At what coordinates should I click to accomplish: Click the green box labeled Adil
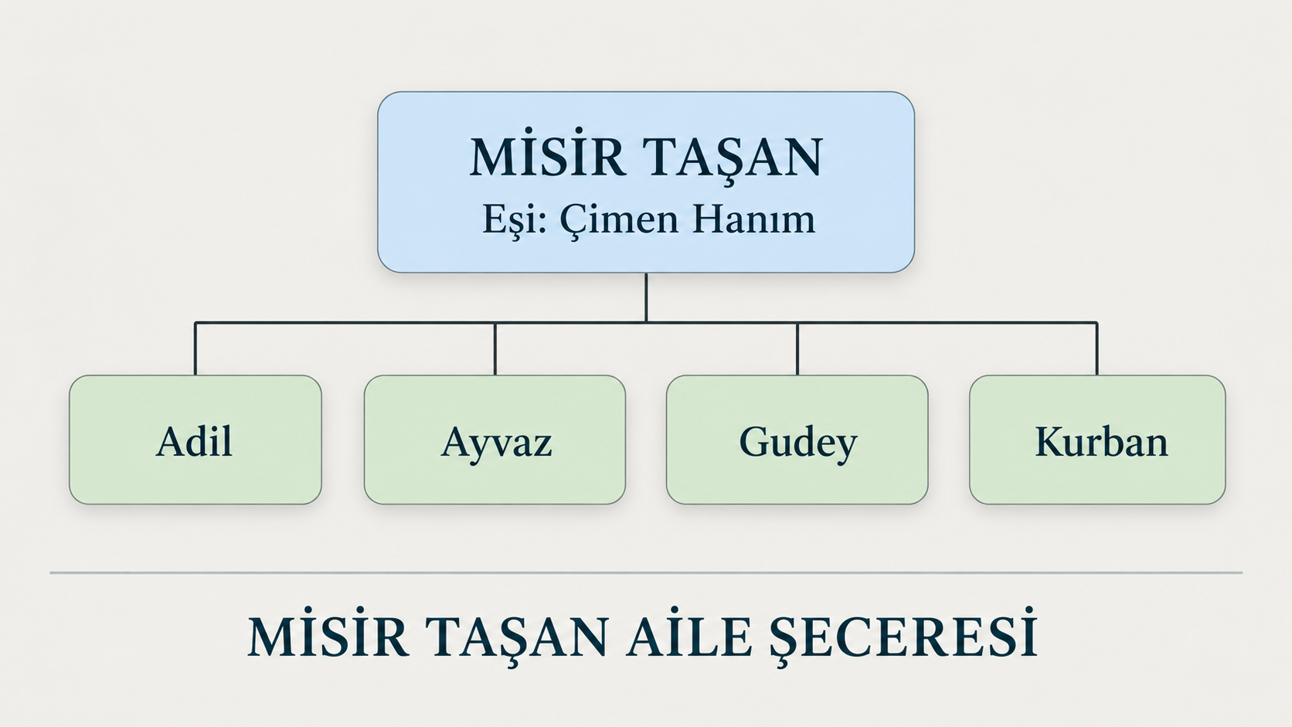pos(195,440)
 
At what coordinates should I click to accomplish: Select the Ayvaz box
pos(495,440)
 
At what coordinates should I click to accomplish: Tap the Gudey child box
pos(797,440)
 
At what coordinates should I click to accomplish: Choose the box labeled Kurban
pos(1097,440)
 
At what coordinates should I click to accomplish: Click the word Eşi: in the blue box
pos(515,220)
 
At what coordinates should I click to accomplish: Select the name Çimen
pos(619,220)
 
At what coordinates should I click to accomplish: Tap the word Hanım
pos(754,219)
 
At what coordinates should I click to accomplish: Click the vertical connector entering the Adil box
pos(195,348)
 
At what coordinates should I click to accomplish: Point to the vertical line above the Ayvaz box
pos(495,348)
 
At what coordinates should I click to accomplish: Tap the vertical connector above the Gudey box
pos(797,348)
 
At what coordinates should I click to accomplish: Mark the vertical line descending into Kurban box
pos(1096,348)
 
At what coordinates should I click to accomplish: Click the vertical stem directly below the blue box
pos(646,297)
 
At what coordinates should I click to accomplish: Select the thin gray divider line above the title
pos(646,572)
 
